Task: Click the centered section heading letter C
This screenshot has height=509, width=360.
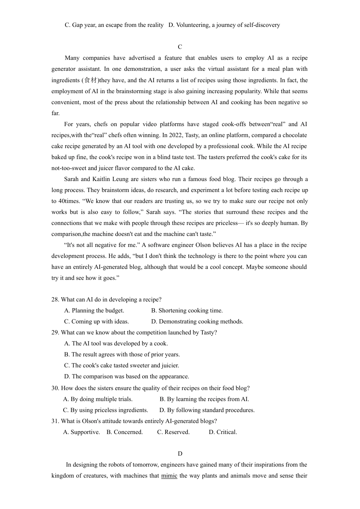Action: click(180, 47)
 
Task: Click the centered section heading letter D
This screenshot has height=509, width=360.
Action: click(180, 454)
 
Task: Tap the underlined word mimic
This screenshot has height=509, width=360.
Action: click(169, 476)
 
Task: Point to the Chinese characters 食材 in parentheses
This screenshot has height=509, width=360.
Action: click(91, 80)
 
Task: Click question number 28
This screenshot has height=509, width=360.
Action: click(55, 300)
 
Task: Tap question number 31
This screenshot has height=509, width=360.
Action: click(55, 421)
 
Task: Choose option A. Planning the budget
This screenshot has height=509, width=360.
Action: click(94, 311)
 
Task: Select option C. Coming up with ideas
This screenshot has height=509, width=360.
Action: click(96, 322)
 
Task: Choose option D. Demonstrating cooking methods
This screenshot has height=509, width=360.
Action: click(197, 322)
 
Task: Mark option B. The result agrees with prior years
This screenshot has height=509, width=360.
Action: click(122, 354)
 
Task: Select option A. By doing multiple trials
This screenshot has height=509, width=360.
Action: click(98, 399)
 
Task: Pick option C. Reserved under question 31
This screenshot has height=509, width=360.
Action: click(173, 432)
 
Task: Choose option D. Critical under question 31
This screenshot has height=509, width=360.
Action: click(223, 432)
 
